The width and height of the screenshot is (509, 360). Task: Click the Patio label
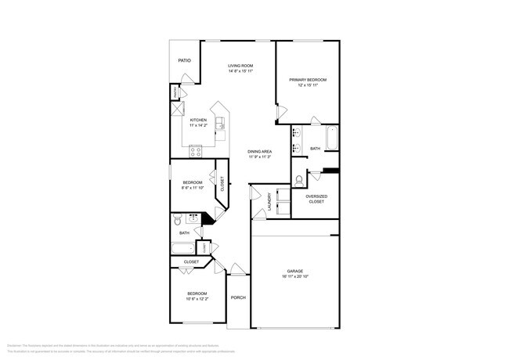tap(184, 59)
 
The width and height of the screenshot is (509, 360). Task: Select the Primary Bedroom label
tap(307, 80)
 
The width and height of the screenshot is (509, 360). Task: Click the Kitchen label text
tap(198, 120)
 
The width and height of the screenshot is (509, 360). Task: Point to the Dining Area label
tap(259, 151)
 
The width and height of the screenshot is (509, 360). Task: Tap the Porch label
tap(238, 297)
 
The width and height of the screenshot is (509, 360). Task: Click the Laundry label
tap(270, 201)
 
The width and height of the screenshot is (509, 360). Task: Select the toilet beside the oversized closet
tap(300, 181)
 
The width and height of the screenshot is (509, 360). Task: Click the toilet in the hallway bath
tap(177, 219)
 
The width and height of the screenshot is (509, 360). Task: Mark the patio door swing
tap(186, 79)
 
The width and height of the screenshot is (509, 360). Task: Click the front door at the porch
tap(237, 271)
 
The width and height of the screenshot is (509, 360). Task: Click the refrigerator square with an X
tap(177, 110)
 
